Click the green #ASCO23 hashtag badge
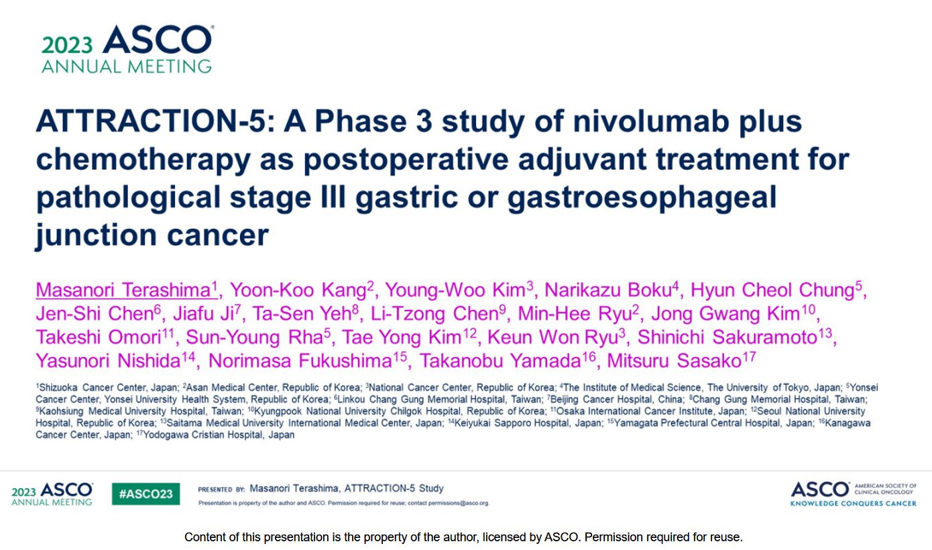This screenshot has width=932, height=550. [145, 494]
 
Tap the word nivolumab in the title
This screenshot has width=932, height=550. [651, 121]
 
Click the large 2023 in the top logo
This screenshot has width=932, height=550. [67, 45]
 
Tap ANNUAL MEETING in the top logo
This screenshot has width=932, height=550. [127, 66]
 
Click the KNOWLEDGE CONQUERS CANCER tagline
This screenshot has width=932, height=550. [853, 503]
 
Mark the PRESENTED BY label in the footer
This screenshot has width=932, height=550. [221, 490]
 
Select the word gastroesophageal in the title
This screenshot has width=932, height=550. [642, 198]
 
